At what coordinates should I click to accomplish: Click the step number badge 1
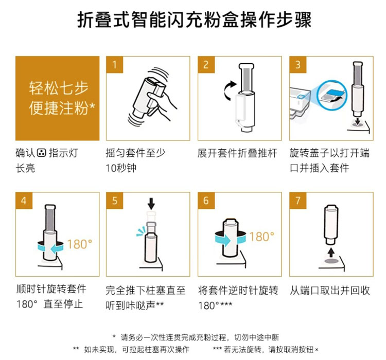click(114, 65)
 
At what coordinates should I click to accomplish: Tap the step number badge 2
click(206, 65)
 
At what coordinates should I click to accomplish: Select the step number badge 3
click(298, 65)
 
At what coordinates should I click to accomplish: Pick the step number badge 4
click(24, 201)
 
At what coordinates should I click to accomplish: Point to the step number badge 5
click(114, 201)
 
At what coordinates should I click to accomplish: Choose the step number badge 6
click(206, 201)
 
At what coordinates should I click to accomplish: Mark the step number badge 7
click(298, 201)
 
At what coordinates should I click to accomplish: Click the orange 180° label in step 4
click(79, 244)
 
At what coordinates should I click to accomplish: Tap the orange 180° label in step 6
click(261, 237)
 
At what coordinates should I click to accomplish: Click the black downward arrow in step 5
click(151, 204)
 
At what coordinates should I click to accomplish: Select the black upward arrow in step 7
click(331, 253)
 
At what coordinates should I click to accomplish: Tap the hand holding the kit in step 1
click(162, 103)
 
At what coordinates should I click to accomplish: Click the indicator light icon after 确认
click(41, 153)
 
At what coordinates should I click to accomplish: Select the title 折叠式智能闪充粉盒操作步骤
click(194, 20)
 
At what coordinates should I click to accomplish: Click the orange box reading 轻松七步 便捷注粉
click(57, 98)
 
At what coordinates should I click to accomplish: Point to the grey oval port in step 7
click(331, 261)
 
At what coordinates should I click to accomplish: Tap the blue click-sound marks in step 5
click(141, 231)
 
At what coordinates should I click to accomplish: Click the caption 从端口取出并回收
click(329, 291)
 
